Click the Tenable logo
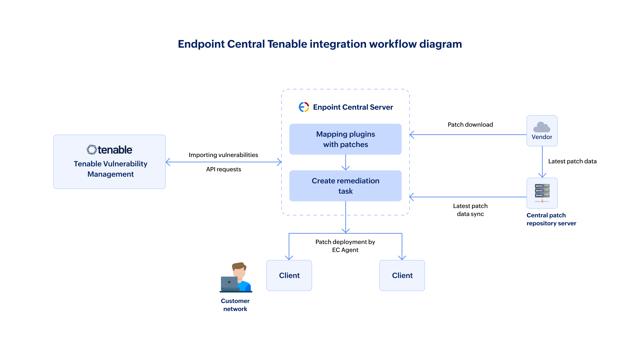[x=110, y=150]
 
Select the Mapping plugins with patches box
[x=345, y=139]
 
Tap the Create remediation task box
[x=345, y=186]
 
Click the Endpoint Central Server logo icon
[x=304, y=107]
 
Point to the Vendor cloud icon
[x=542, y=127]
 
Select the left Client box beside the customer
[x=289, y=275]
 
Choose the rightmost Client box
[x=402, y=275]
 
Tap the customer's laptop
[x=229, y=283]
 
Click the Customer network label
[x=235, y=305]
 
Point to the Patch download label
[x=470, y=125]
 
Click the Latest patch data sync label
[x=470, y=210]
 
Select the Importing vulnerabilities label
[x=223, y=155]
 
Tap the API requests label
[x=223, y=169]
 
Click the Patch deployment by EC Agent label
[x=345, y=246]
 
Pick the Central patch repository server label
[x=551, y=219]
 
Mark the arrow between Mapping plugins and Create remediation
[x=346, y=163]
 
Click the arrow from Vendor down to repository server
[x=542, y=162]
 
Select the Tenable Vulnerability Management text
[x=110, y=169]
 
